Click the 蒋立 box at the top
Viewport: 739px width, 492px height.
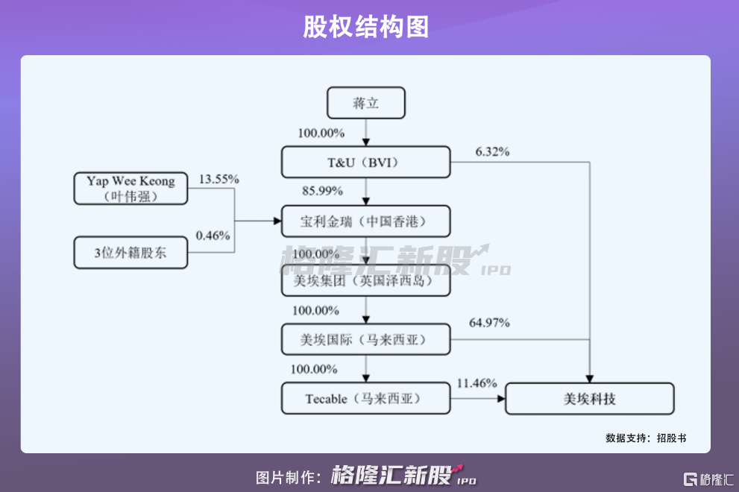click(x=366, y=103)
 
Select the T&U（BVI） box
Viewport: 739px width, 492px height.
click(x=366, y=162)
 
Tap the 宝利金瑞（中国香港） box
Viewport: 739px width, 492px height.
click(x=366, y=221)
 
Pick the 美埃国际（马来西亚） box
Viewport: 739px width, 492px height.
click(x=366, y=339)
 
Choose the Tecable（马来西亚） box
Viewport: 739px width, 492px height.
click(x=366, y=399)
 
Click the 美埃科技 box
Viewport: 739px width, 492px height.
click(x=589, y=399)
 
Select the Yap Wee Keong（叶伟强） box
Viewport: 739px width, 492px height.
click(x=130, y=189)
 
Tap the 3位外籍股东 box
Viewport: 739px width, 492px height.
click(x=130, y=253)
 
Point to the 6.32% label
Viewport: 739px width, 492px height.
click(x=492, y=152)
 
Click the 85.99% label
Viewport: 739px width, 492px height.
click(x=322, y=191)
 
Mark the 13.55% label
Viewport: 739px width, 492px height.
click(x=218, y=180)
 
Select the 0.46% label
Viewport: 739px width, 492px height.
click(x=213, y=236)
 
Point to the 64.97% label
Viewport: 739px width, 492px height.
click(x=489, y=323)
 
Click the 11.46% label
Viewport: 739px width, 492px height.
click(x=477, y=383)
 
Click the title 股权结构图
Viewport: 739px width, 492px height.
click(x=366, y=27)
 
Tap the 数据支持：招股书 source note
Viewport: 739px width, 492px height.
click(x=646, y=438)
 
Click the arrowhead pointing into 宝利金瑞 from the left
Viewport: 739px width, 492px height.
click(x=276, y=221)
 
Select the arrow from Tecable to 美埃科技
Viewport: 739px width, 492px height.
click(x=478, y=399)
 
